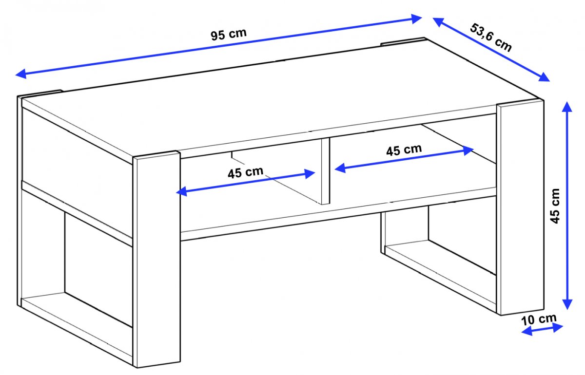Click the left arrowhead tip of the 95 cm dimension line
point(16,75)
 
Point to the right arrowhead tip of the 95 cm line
point(422,18)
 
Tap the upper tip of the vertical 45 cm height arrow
point(567,102)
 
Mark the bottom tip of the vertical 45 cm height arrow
point(567,310)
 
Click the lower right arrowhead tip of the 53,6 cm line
point(550,81)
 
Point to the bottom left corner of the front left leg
point(137,368)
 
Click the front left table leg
point(156,260)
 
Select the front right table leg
point(521,207)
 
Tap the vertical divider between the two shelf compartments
point(326,171)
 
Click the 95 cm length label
point(229,34)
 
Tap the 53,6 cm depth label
point(491,37)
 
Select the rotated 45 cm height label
point(555,206)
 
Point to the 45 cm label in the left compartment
point(245,172)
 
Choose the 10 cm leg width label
point(539,319)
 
